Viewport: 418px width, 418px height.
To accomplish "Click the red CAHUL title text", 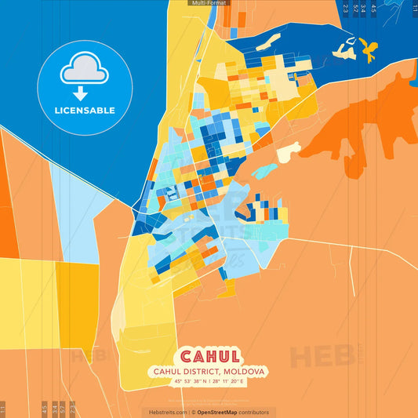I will coord(209,358).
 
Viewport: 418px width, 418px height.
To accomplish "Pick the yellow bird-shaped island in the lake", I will coord(368,51).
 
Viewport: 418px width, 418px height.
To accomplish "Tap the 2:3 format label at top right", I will coord(345,9).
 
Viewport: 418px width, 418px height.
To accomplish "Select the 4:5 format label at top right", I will coord(373,9).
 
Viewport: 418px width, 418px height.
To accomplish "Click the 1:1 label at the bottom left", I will coord(3,409).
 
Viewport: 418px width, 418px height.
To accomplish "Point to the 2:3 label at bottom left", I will coord(73,409).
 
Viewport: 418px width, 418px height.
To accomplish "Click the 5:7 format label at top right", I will coord(355,9).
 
